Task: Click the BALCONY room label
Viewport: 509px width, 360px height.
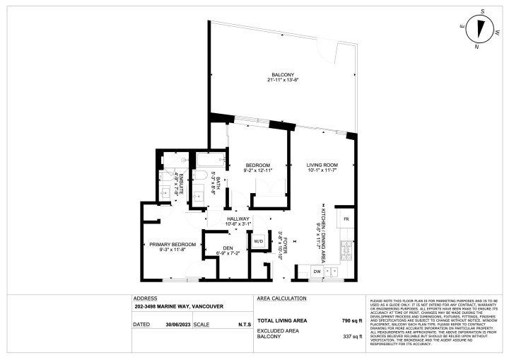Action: [281, 74]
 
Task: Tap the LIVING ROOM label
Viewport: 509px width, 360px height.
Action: [322, 164]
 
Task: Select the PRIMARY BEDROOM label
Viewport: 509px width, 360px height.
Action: [172, 244]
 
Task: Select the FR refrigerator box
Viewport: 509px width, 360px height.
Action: [346, 220]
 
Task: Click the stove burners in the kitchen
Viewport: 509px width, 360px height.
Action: [346, 249]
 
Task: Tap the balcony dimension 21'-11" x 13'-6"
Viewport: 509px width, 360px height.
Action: [281, 80]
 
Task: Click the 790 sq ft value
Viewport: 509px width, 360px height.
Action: [351, 320]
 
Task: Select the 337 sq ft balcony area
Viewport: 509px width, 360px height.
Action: [351, 337]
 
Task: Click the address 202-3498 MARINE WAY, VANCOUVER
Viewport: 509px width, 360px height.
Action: [179, 307]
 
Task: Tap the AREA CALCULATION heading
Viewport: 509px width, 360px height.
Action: [281, 298]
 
